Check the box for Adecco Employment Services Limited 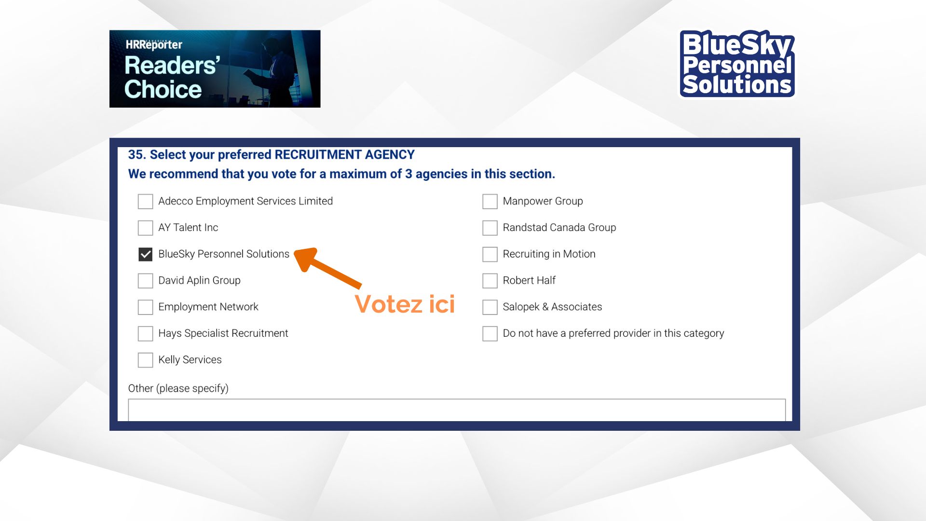(145, 201)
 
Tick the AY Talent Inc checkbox (145, 228)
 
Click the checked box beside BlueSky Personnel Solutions (145, 254)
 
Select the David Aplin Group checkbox (145, 281)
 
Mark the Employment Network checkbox (145, 307)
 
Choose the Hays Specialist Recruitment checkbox (145, 333)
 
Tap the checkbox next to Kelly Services (145, 360)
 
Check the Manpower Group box (490, 201)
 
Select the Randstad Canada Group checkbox (490, 228)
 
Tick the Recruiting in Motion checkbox (490, 254)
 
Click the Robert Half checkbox (490, 281)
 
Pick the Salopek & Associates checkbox (490, 307)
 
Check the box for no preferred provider (490, 333)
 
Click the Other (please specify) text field (457, 410)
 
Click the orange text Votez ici (405, 304)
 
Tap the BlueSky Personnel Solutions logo (737, 64)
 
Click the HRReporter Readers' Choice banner (215, 69)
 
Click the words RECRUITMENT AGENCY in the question (344, 154)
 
